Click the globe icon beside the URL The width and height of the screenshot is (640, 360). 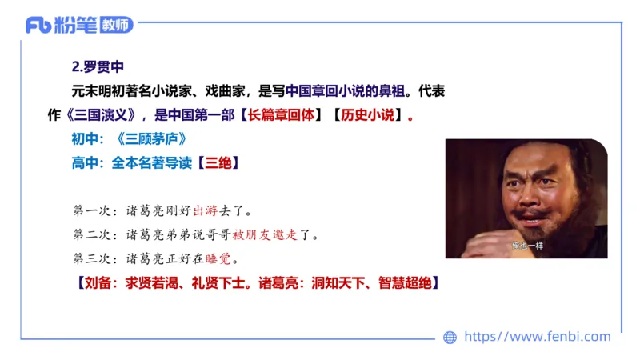click(x=450, y=338)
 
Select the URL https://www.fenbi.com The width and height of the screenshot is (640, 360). click(x=538, y=337)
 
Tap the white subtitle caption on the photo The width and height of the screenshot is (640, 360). click(x=529, y=246)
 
